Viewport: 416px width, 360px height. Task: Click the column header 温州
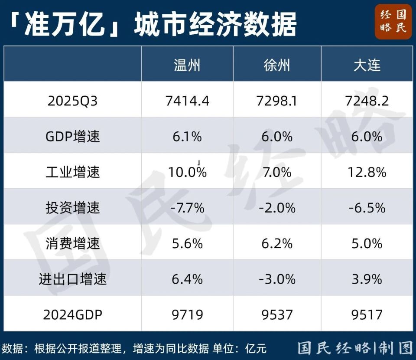tap(187, 65)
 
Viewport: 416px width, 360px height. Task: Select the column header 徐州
tap(277, 65)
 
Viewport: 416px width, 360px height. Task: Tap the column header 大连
tap(367, 65)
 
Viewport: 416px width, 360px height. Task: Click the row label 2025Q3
tap(73, 101)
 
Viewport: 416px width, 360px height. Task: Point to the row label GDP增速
tap(73, 137)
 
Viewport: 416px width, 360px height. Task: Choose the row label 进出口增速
tap(73, 279)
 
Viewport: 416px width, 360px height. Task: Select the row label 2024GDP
tap(73, 314)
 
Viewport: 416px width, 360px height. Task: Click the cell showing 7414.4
tap(187, 101)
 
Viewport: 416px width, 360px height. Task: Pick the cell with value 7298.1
tap(277, 101)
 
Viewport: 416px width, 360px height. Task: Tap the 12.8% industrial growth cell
tap(367, 172)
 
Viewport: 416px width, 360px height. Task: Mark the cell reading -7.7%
tap(187, 208)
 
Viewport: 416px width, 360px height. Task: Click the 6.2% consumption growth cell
tap(277, 243)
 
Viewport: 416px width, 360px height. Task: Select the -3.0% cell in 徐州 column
tap(277, 279)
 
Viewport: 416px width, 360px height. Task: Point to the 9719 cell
tap(187, 314)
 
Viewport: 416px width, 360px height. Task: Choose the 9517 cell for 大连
tap(367, 314)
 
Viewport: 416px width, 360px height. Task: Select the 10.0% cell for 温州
tap(187, 172)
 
